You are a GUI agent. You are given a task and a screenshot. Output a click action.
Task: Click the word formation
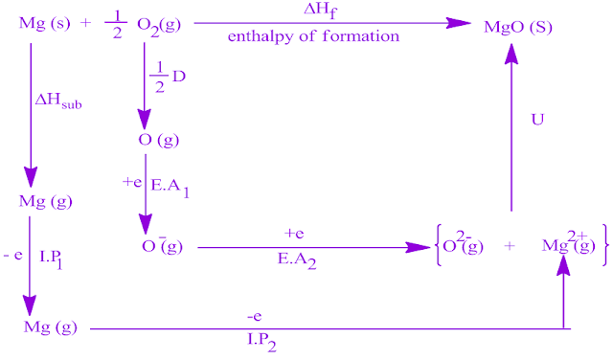pos(360,36)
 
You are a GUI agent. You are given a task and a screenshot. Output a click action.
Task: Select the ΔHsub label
pos(58,99)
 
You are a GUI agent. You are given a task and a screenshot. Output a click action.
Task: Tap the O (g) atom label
pos(159,140)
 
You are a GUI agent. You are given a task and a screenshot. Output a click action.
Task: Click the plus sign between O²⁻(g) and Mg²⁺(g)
pos(510,246)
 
